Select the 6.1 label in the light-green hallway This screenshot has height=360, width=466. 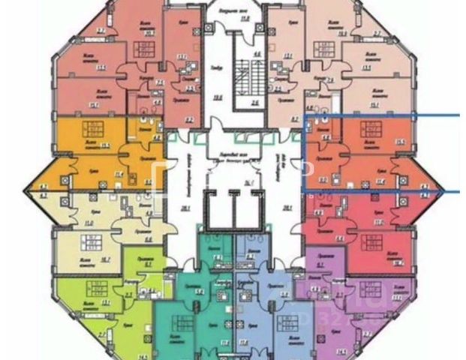(148, 263)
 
